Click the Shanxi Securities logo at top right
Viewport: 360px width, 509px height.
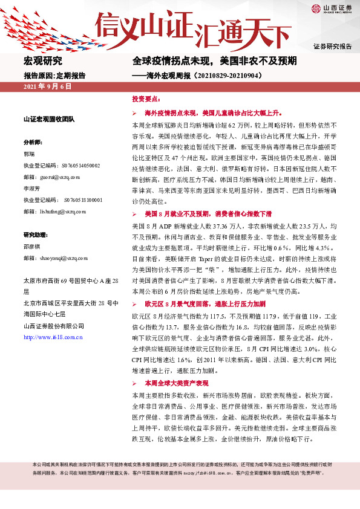332,10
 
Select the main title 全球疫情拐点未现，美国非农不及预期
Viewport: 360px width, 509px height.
214,61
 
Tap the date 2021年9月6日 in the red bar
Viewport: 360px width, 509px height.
47,87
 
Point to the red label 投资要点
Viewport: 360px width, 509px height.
146,98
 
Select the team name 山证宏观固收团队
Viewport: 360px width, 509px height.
48,119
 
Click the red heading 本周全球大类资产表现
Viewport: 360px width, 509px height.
176,384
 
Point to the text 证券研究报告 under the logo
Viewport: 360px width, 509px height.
333,47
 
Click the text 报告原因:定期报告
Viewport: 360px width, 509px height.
54,76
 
